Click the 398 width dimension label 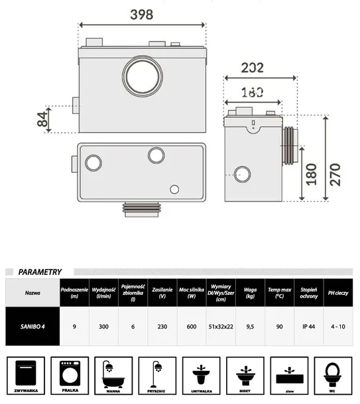click(x=142, y=14)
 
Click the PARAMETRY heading click(x=40, y=272)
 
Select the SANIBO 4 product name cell click(x=32, y=326)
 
